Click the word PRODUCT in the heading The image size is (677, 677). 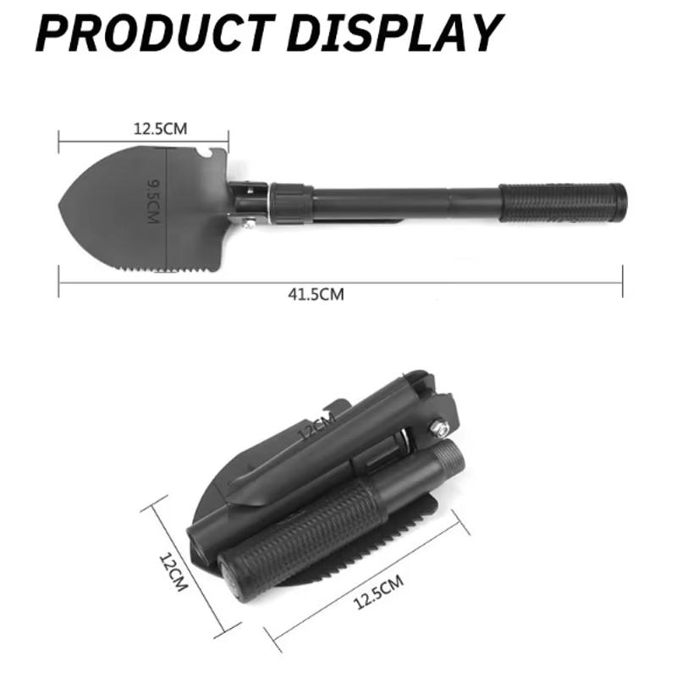pos(155,33)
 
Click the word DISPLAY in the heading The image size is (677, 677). pos(394,33)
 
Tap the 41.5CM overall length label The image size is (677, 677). pos(316,294)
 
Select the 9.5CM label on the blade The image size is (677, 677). pos(153,201)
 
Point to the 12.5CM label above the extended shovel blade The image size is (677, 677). pos(161,129)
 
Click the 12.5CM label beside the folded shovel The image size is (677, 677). pos(378,592)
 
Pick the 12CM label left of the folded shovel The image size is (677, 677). pos(173,572)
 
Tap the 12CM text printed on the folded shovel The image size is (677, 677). pos(316,425)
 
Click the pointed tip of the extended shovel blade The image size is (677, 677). pos(59,206)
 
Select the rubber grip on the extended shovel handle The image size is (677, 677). pos(562,203)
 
